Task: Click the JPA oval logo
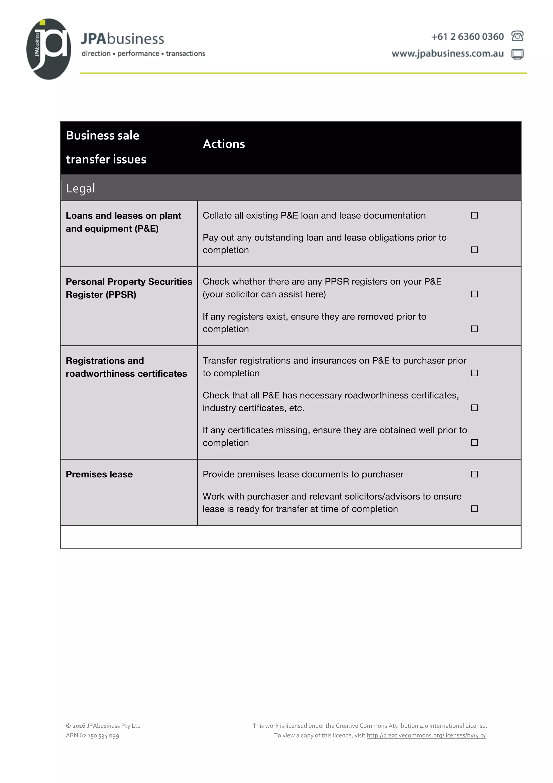pyautogui.click(x=49, y=49)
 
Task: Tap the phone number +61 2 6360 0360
pyautogui.click(x=467, y=36)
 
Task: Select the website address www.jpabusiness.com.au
pyautogui.click(x=447, y=53)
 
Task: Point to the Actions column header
pyautogui.click(x=224, y=144)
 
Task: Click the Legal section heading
pyautogui.click(x=80, y=188)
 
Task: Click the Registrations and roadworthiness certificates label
pyautogui.click(x=126, y=367)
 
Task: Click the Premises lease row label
pyautogui.click(x=99, y=474)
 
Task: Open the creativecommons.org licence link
pyautogui.click(x=426, y=736)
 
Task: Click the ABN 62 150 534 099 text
pyautogui.click(x=92, y=736)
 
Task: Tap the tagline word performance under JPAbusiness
pyautogui.click(x=138, y=53)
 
